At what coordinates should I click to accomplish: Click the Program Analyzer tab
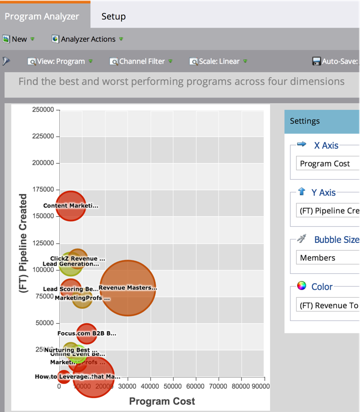coord(42,16)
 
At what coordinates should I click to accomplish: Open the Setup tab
coord(113,16)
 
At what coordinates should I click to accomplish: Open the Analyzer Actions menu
coord(88,39)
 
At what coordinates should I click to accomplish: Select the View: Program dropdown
coord(60,61)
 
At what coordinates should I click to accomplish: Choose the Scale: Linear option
coord(219,61)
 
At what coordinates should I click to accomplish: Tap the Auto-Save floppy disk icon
coord(317,61)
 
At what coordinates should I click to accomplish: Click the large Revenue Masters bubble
coord(128,288)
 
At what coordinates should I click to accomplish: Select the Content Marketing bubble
coord(70,206)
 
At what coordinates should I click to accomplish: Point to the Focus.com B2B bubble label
coord(87,333)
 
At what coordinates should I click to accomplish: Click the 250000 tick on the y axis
coord(43,110)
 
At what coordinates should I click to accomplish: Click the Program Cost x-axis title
coord(162,401)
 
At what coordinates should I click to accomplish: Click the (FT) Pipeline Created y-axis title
coord(23,243)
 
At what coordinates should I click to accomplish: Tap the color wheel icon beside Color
coord(302,286)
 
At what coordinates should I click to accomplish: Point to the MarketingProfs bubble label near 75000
coord(82,298)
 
